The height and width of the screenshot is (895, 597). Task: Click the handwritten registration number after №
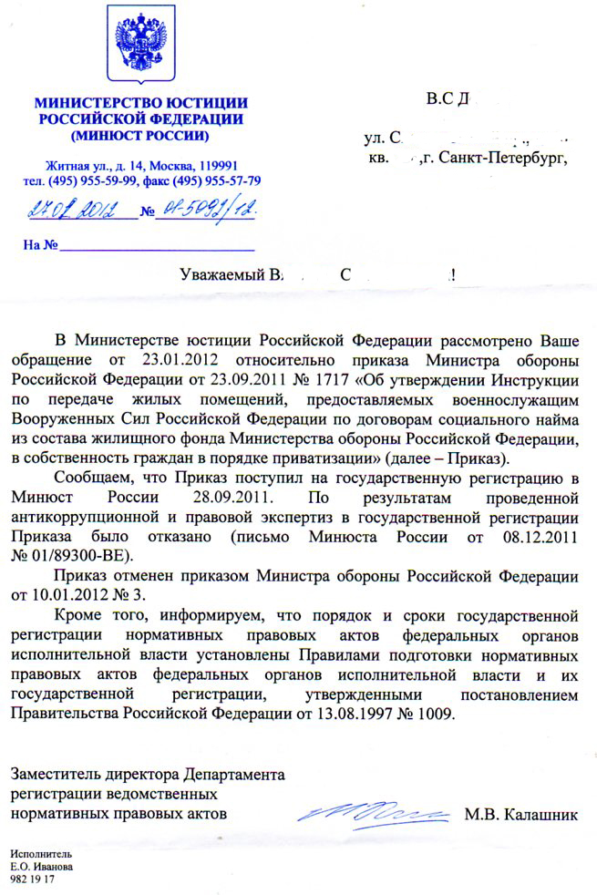205,211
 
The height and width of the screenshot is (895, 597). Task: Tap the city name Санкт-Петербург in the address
502,158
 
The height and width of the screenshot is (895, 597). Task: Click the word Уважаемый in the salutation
219,273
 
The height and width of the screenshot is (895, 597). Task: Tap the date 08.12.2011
541,536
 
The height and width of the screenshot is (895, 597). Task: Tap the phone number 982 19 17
32,882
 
